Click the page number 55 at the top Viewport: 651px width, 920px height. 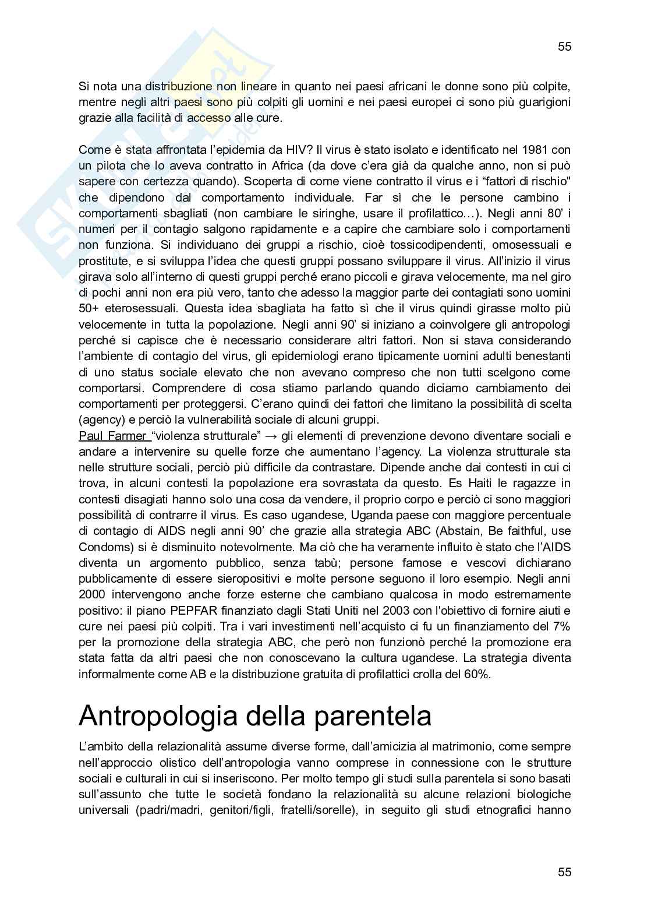coord(564,47)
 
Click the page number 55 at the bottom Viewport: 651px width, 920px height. coord(564,872)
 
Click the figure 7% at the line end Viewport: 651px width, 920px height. coord(560,626)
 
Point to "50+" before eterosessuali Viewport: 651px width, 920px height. coord(90,309)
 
